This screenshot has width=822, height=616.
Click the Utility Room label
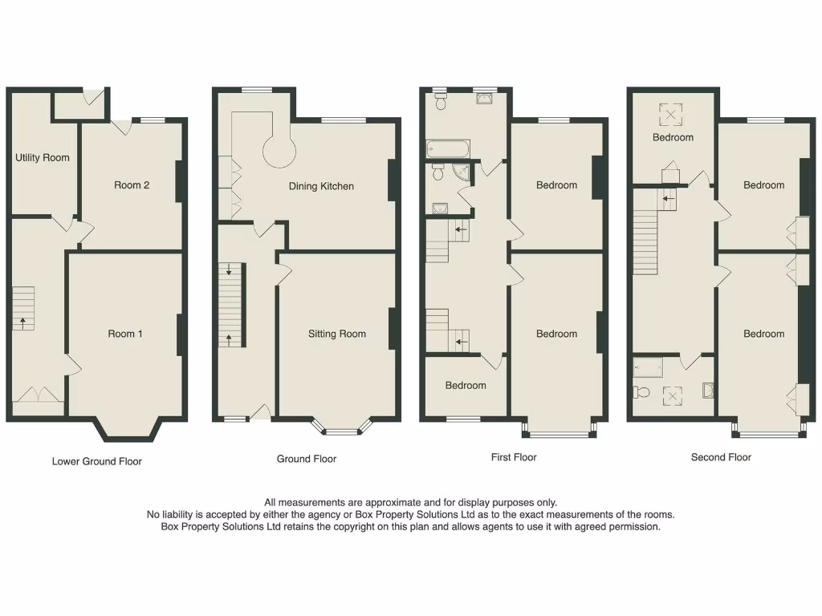coord(43,158)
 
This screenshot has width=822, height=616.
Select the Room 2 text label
coord(132,185)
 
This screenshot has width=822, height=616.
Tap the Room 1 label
coord(125,334)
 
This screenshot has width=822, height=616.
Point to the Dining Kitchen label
coord(321,186)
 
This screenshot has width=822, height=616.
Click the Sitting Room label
coord(337,334)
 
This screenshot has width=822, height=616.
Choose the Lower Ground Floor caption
coord(97,461)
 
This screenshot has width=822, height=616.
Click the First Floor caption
coord(514,457)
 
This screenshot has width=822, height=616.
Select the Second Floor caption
coord(721,457)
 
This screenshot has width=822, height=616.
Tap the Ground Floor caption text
coord(307,459)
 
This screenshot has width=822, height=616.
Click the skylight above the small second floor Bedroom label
coord(669,115)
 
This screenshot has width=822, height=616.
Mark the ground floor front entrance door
coord(260,413)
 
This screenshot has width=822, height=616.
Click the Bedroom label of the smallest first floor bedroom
coord(466,386)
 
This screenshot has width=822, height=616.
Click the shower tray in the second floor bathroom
coord(649,367)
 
